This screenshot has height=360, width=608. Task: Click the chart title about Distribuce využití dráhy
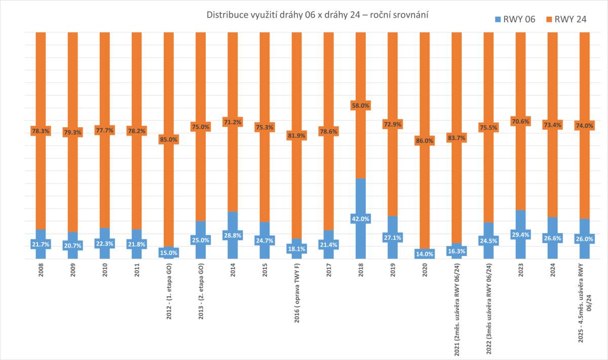pyautogui.click(x=318, y=15)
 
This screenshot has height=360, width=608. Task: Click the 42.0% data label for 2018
pyautogui.click(x=360, y=219)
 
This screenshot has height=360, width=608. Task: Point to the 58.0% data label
pyautogui.click(x=360, y=105)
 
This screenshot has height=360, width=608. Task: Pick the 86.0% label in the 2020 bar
pyautogui.click(x=424, y=141)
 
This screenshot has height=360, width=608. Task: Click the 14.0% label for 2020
pyautogui.click(x=424, y=254)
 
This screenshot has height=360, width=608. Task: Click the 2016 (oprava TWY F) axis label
pyautogui.click(x=296, y=294)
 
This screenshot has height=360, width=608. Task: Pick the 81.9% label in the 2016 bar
pyautogui.click(x=296, y=136)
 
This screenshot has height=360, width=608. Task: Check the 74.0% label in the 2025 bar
pyautogui.click(x=584, y=126)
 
